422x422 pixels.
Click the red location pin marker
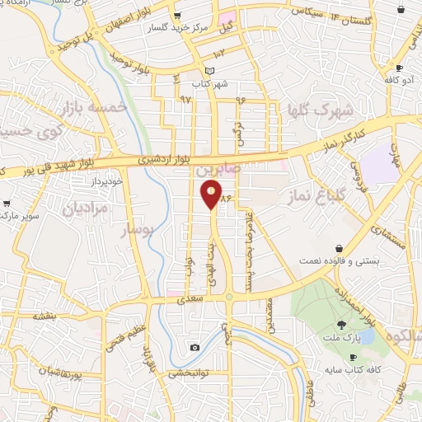[x=212, y=195]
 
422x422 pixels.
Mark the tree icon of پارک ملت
[x=342, y=326]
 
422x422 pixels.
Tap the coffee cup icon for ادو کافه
[x=400, y=68]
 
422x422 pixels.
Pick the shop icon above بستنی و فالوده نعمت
[x=340, y=248]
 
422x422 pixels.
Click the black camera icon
[x=195, y=347]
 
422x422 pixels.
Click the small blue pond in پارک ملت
[x=365, y=336]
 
